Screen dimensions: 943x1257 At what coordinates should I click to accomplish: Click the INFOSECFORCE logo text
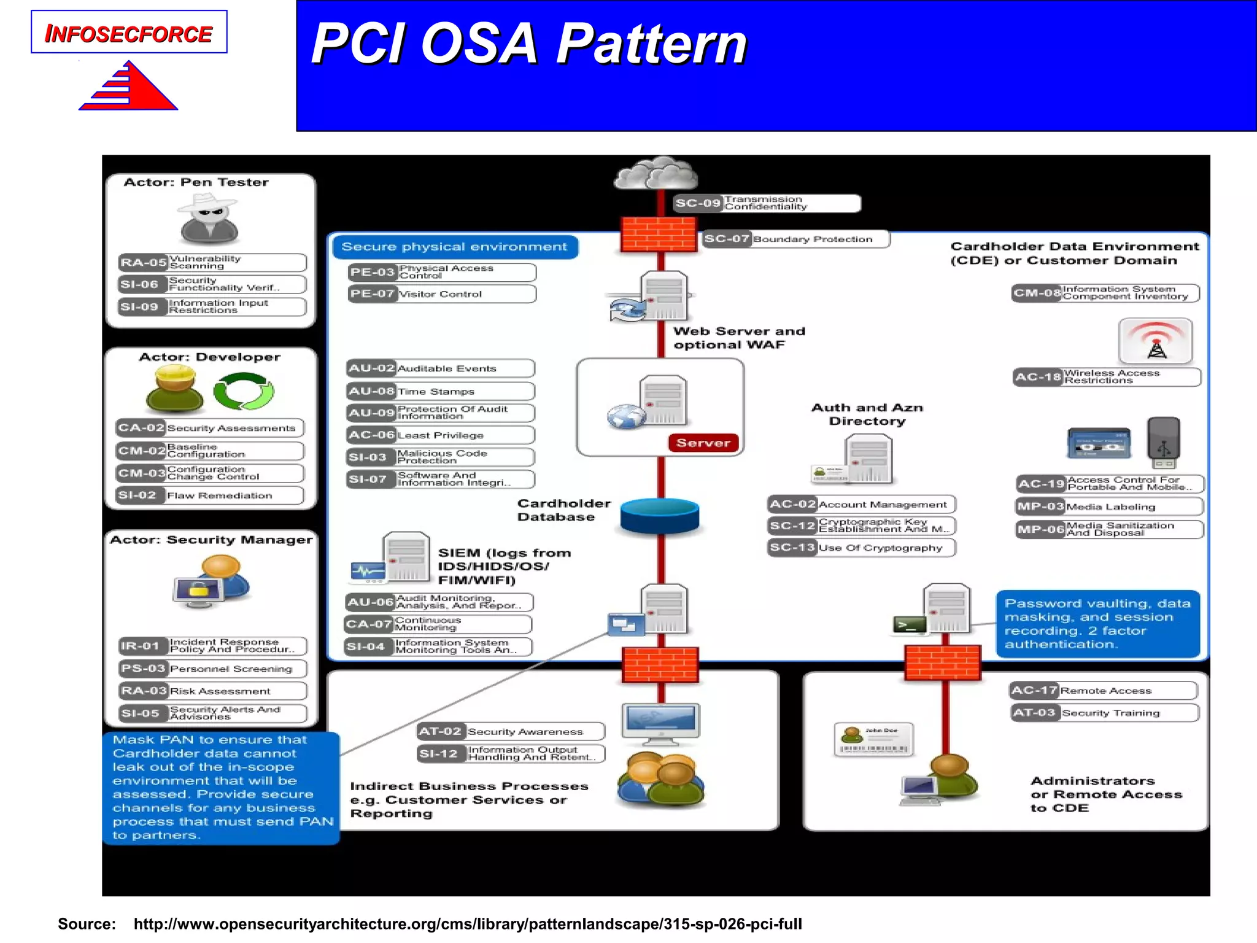coord(128,33)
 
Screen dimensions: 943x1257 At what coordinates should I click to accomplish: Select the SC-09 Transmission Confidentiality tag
coord(767,203)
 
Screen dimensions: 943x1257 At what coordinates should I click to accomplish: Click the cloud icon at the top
coord(656,174)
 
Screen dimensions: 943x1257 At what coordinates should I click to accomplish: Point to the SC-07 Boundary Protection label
coord(795,239)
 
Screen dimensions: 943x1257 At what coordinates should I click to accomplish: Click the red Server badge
coord(703,443)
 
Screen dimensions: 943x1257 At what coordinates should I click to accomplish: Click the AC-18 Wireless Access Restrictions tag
coord(1107,377)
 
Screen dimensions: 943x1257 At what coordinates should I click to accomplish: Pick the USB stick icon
coord(1163,443)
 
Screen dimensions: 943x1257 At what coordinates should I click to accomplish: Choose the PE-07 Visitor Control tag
coord(441,294)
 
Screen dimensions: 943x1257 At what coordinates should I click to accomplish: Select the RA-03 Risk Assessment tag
coord(212,691)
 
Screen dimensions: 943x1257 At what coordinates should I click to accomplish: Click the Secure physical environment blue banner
coord(454,247)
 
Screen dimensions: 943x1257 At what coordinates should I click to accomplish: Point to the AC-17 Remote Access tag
coord(1104,691)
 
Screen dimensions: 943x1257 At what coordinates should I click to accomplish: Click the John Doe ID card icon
coord(874,740)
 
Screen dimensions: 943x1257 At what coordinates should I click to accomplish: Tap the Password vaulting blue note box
coord(1097,624)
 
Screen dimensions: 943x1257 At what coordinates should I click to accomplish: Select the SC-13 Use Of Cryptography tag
coord(861,548)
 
